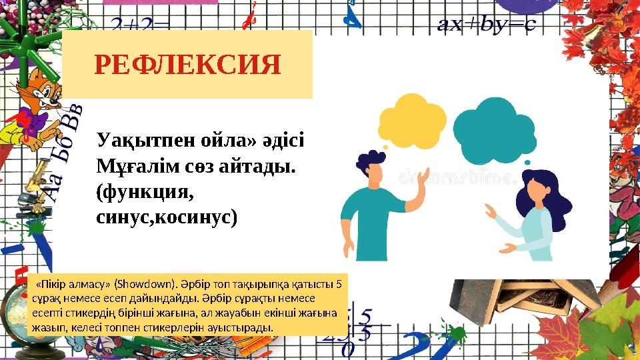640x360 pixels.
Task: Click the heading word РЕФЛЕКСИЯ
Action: coord(187,65)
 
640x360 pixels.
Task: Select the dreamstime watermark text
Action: coord(458,177)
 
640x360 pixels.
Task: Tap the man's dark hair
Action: coord(370,160)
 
